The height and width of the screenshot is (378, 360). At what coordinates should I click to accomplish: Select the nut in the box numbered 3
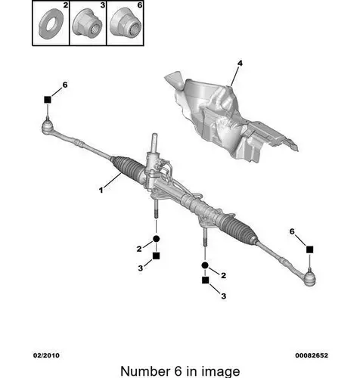coord(87,23)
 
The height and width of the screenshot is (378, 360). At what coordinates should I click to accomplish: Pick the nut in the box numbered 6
coord(126,23)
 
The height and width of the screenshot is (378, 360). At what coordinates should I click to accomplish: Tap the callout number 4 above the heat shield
coord(240,63)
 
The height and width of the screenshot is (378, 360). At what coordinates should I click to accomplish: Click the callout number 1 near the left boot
coord(101,190)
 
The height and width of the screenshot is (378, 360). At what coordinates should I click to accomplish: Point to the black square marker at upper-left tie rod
coord(48,100)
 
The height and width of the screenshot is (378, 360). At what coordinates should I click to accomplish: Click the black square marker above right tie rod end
coord(310,249)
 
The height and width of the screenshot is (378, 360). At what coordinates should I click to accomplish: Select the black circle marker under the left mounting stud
coord(157,238)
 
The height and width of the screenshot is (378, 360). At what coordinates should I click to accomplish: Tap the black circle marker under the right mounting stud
coord(205,265)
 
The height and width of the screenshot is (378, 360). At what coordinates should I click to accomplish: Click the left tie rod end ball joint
coord(47,126)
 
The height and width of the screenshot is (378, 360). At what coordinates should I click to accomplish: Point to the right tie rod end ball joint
coord(309,278)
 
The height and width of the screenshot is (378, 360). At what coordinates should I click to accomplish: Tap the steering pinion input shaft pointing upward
coord(154,143)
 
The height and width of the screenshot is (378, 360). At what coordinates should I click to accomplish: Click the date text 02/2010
coord(47,355)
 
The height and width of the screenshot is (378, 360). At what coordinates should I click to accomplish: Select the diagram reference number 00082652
coord(312,355)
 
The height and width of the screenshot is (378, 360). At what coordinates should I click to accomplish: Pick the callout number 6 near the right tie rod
coord(292,231)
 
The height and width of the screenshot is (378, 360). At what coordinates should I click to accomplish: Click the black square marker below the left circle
coord(157,256)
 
